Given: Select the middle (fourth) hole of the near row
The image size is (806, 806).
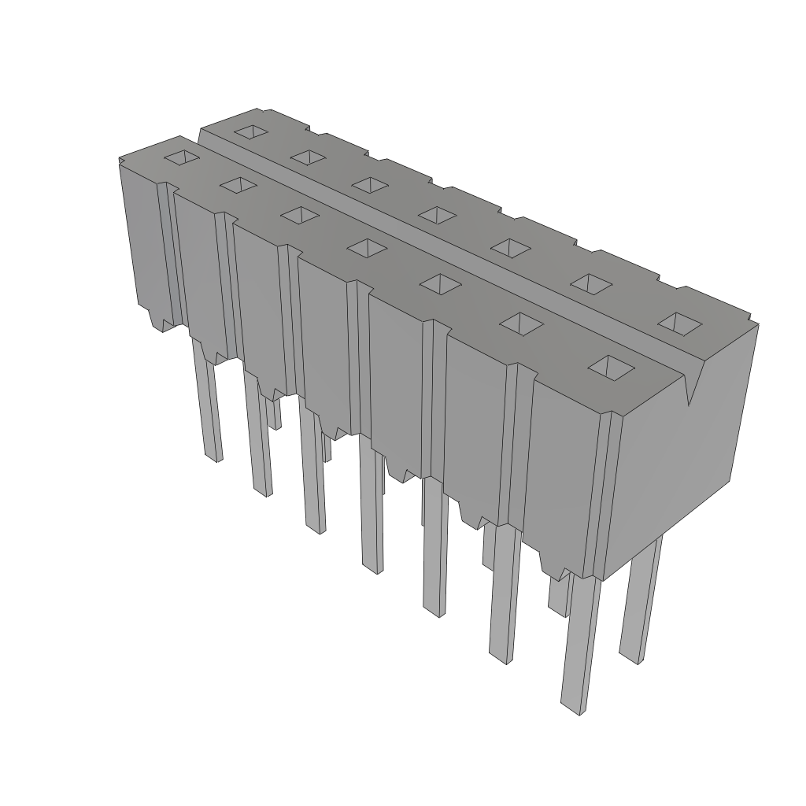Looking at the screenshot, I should point(367,247).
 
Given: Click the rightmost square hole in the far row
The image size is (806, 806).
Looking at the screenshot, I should point(679,322).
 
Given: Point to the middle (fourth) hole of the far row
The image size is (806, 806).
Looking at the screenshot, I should point(434,213).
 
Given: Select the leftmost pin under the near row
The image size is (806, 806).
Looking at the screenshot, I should point(209,409).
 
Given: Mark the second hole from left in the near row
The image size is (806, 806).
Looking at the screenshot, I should point(238,184).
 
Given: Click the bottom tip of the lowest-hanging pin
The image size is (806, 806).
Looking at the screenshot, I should point(571,708).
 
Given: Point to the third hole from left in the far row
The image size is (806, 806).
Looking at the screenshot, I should point(370,184).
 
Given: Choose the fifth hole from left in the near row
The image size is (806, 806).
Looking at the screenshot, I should point(440,282).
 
